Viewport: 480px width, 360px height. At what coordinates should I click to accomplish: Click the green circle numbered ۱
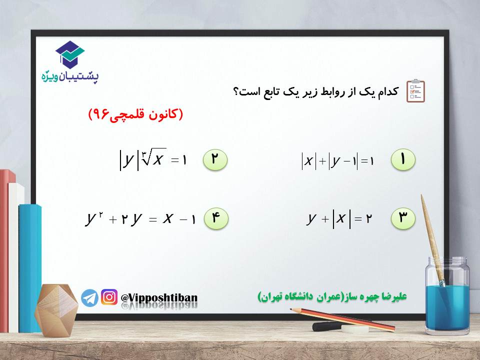tap(403, 159)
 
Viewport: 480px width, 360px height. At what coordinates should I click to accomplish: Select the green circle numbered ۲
tap(215, 159)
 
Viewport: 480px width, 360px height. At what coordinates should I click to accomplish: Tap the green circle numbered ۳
tap(403, 218)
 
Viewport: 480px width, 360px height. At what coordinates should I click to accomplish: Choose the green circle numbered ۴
tap(216, 218)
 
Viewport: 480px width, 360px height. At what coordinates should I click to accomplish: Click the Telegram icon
tap(89, 297)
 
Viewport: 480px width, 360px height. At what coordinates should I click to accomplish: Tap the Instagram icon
tap(109, 297)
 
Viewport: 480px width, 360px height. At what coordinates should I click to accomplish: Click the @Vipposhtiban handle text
tap(159, 298)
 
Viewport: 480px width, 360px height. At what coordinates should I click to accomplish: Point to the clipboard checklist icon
tap(415, 90)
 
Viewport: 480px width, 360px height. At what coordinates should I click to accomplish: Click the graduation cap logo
tap(70, 54)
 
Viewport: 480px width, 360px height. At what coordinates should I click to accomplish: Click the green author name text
tap(332, 296)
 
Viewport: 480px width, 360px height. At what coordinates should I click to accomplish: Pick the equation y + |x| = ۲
tap(339, 218)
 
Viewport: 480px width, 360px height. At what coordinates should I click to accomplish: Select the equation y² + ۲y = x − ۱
tap(140, 218)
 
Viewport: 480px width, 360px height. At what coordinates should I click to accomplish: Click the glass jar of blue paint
tap(447, 295)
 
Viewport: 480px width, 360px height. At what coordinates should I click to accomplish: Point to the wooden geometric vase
tap(56, 310)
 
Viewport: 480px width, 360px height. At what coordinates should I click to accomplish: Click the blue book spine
tap(30, 268)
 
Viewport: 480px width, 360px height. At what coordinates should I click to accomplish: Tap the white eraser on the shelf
tap(355, 329)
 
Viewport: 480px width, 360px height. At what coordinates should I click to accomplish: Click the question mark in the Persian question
tap(236, 91)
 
